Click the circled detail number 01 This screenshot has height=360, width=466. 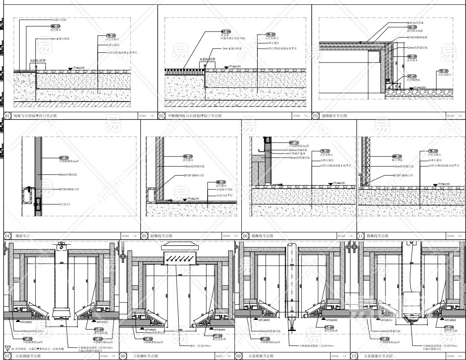coord(7,116)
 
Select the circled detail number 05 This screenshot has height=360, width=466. coord(145,236)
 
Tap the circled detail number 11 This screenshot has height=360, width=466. coord(360,236)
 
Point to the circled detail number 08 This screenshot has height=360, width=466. coord(124,356)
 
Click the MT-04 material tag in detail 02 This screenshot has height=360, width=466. coord(226,32)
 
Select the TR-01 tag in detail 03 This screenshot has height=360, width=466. coord(443,71)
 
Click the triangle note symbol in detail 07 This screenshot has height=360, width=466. coord(8,348)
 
